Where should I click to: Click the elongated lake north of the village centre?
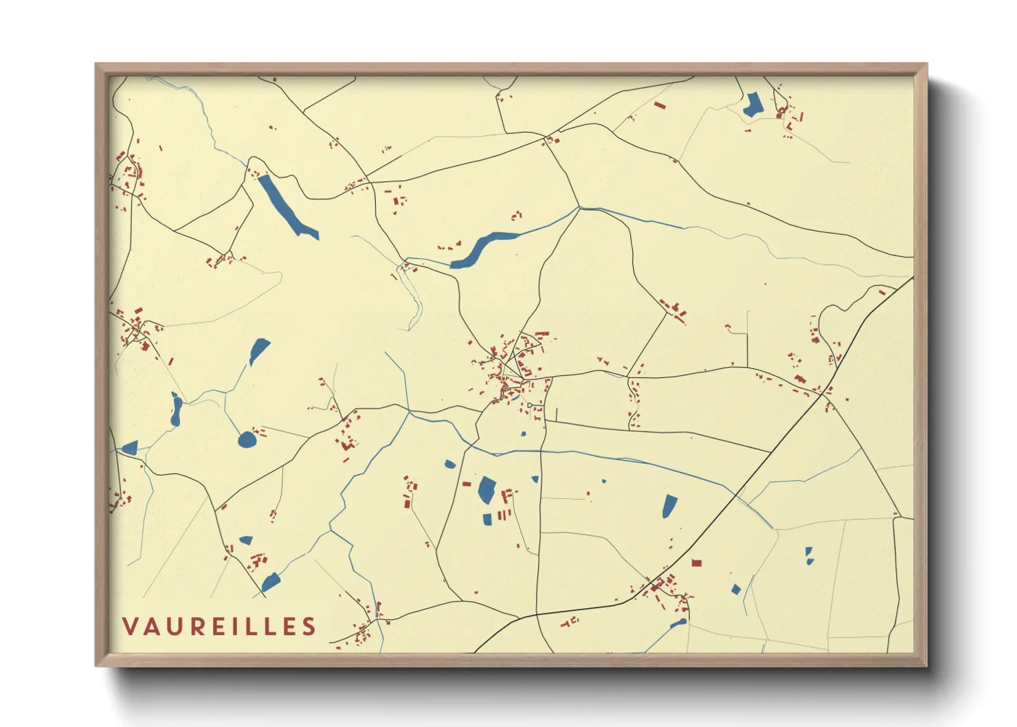point(481,249)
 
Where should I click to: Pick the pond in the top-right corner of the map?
point(753,105)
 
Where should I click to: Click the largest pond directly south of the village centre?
point(487,489)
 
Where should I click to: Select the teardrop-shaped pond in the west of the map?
point(259,351)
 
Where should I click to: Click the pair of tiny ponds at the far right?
point(809,556)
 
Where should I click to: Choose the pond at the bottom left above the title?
point(271,583)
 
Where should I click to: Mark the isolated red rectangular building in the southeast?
point(696,563)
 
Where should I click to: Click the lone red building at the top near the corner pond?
point(660,106)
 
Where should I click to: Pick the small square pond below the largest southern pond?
point(487,519)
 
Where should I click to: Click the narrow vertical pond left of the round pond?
point(176,410)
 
